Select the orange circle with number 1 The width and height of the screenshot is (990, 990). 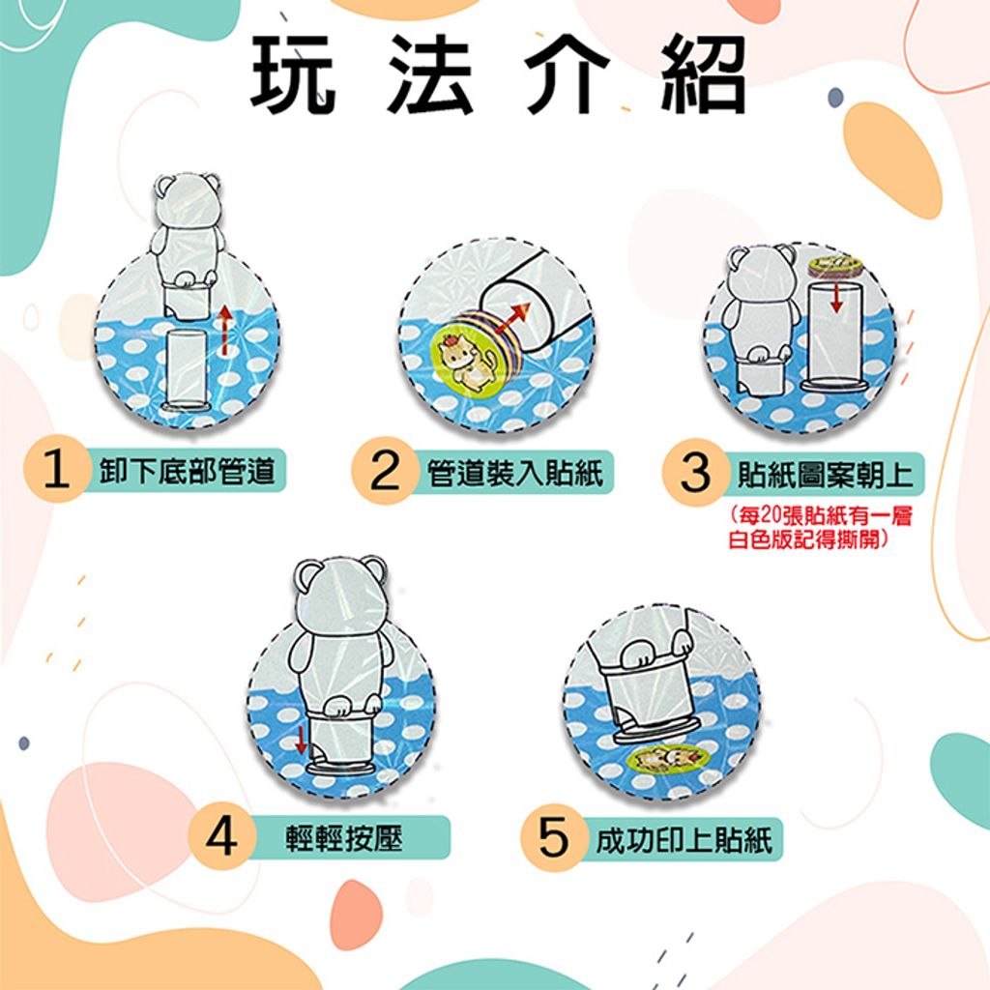[x=56, y=470]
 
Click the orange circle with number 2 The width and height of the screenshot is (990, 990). [x=385, y=471]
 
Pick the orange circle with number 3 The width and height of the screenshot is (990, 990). [x=695, y=473]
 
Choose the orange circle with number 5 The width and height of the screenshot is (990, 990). [x=553, y=838]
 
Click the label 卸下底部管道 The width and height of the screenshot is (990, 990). [x=188, y=471]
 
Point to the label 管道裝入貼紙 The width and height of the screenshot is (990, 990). [x=515, y=473]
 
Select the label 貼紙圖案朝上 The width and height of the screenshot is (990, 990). [x=826, y=475]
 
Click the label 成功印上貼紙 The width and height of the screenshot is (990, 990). [x=684, y=840]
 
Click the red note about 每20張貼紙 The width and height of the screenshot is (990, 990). [x=820, y=528]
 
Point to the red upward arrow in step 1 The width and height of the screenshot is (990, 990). [x=223, y=331]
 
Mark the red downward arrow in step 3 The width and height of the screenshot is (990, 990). [x=836, y=296]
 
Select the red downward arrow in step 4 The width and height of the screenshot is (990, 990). [x=302, y=739]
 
